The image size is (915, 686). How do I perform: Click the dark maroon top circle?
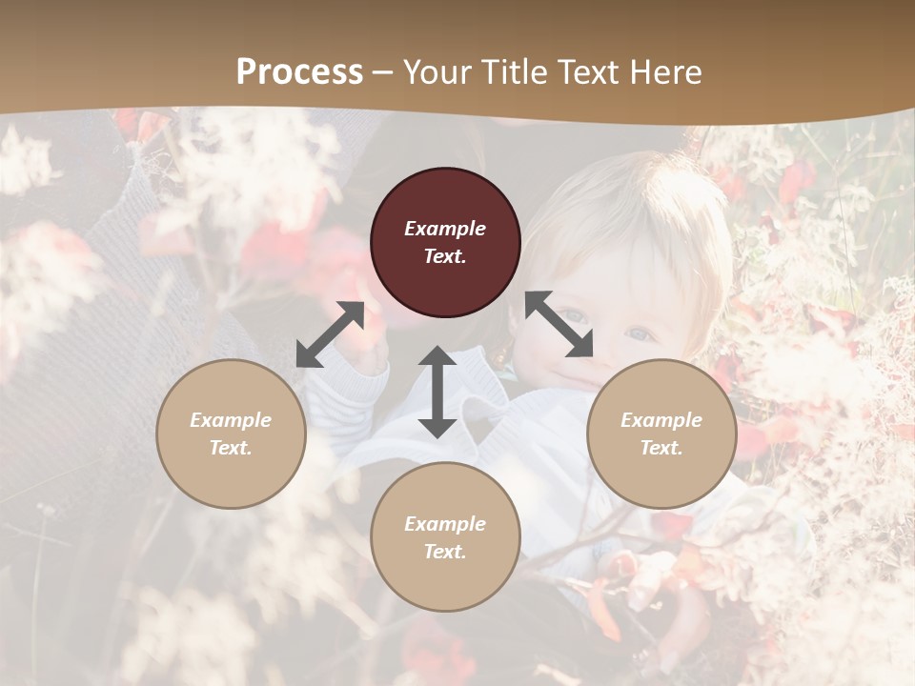(x=445, y=243)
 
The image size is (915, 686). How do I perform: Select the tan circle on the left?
(x=231, y=434)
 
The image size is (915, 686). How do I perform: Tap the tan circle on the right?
(x=661, y=434)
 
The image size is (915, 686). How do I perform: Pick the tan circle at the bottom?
(x=445, y=537)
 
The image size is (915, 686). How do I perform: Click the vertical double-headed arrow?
(x=437, y=392)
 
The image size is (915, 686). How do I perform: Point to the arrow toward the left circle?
(x=330, y=334)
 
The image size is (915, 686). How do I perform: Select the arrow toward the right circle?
(x=559, y=325)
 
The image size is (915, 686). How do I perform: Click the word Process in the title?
(x=299, y=71)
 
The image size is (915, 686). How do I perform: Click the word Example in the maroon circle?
(x=445, y=229)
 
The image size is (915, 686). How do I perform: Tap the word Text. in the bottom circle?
(x=445, y=552)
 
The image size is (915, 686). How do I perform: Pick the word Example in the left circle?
(x=231, y=420)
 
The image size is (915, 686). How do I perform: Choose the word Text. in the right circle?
(x=661, y=448)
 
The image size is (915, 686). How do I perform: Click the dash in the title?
(x=383, y=71)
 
